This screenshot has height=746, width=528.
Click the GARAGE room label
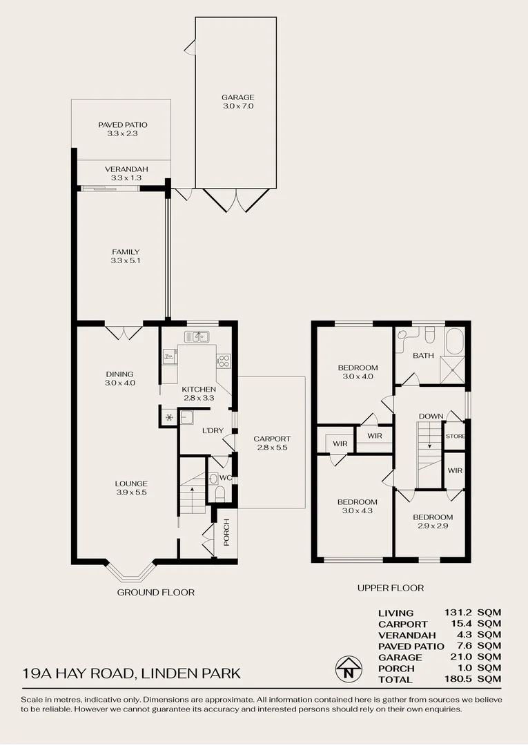coord(237,97)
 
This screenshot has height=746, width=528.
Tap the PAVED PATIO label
coord(123,125)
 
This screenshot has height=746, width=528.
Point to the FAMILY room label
coord(126,252)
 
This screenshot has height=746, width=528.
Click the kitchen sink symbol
coord(197,336)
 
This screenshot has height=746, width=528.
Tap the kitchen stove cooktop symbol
coord(224,360)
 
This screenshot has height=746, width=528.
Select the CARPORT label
coord(272,439)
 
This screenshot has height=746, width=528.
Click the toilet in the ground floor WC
coord(219,493)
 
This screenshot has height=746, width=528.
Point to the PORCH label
coord(226,531)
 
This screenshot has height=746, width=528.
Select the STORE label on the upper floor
coord(455,437)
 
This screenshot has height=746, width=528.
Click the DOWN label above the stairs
coord(431,416)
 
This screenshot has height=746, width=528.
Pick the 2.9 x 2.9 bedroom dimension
coord(433,526)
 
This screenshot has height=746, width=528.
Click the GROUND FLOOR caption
coord(155,592)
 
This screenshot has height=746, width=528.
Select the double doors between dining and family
coord(124,332)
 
